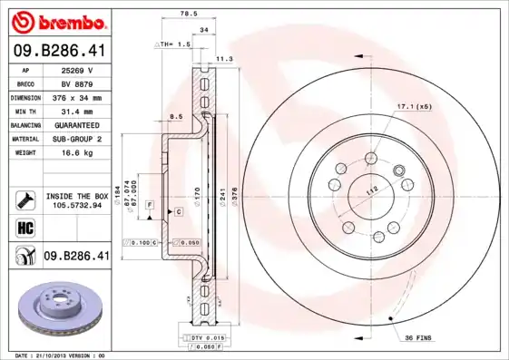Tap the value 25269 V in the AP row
coord(78,70)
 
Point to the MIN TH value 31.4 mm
coord(78,112)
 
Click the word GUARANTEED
coord(78,125)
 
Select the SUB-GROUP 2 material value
coord(78,139)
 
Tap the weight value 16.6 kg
coord(78,153)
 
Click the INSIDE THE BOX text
coord(77,196)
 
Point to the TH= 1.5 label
coord(175,44)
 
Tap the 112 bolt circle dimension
coord(371,191)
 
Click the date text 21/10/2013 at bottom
coord(56,355)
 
